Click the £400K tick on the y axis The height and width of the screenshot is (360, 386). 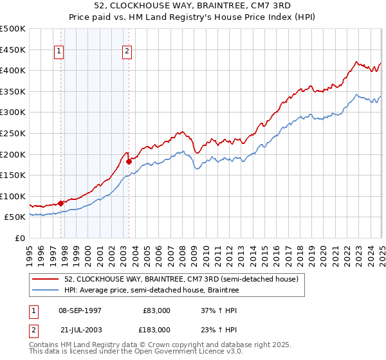(x=13, y=70)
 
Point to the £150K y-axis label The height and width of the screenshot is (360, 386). (x=13, y=175)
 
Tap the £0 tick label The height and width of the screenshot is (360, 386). (x=20, y=238)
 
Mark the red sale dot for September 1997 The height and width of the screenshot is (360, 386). (x=61, y=203)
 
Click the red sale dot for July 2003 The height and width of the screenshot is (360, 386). (x=129, y=161)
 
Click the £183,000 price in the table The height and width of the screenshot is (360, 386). (x=157, y=329)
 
